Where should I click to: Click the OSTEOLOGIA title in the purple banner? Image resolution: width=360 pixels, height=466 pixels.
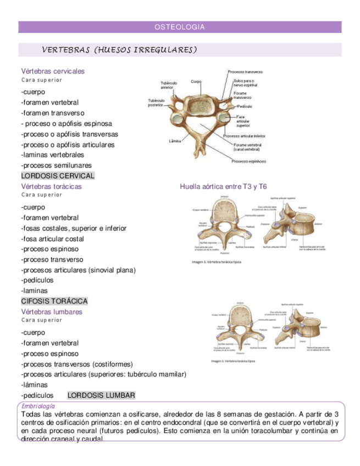tap(180, 27)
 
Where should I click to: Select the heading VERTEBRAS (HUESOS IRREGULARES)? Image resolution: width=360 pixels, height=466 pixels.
tap(119, 50)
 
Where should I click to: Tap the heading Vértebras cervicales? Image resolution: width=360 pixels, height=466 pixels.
tap(53, 71)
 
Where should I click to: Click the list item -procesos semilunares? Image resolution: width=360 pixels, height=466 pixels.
tap(56, 165)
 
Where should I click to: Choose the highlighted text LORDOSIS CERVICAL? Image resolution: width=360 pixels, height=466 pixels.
tap(58, 176)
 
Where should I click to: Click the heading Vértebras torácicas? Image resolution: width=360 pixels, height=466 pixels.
tap(51, 186)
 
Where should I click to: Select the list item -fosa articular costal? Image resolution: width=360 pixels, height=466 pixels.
tap(52, 238)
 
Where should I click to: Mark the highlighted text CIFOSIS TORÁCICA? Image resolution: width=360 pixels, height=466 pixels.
tap(54, 301)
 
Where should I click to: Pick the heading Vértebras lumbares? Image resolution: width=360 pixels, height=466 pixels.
tap(52, 312)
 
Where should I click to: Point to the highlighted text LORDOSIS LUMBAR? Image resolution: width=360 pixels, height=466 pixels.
tap(101, 395)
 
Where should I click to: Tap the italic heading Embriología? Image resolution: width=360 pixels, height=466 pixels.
tap(38, 406)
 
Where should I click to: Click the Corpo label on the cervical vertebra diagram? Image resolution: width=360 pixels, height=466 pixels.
tap(196, 81)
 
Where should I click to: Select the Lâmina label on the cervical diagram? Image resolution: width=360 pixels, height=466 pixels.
tap(176, 141)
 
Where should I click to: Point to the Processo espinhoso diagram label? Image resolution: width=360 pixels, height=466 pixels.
tap(248, 162)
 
